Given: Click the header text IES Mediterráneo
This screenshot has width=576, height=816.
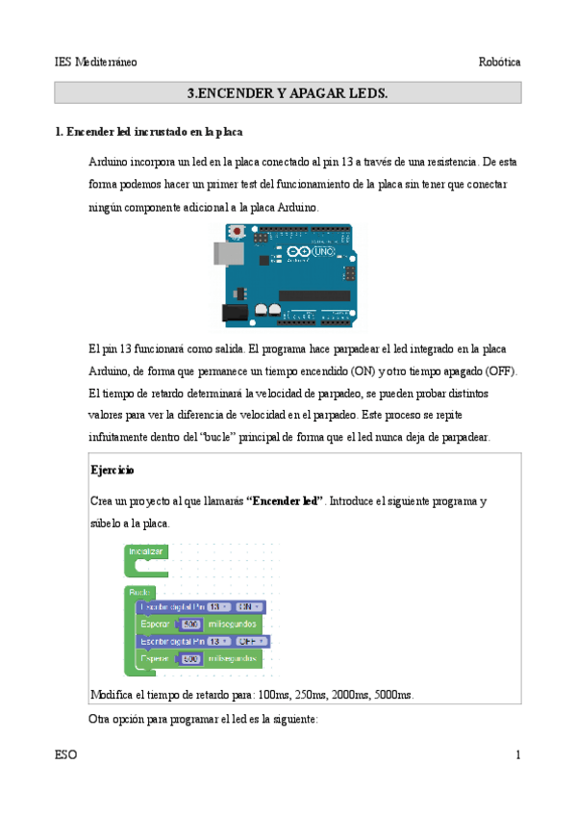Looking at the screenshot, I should [95, 62].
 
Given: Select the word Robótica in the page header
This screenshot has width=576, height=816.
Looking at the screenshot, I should [499, 62].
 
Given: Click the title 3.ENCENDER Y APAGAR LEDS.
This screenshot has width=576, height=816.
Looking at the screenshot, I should [287, 93].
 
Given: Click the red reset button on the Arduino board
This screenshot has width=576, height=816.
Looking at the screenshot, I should [236, 232].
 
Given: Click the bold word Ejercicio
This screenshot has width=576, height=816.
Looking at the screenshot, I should [112, 471].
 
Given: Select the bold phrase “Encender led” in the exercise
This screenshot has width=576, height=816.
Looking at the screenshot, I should [285, 501].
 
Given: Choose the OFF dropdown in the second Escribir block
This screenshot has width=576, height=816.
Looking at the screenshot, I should [252, 641].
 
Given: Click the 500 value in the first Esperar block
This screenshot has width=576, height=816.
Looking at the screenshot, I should [189, 624].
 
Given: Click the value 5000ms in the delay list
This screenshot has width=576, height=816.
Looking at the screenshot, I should [392, 695].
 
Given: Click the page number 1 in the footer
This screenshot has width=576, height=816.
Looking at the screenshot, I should [517, 755].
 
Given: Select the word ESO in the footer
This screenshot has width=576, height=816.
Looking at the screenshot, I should [65, 755].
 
